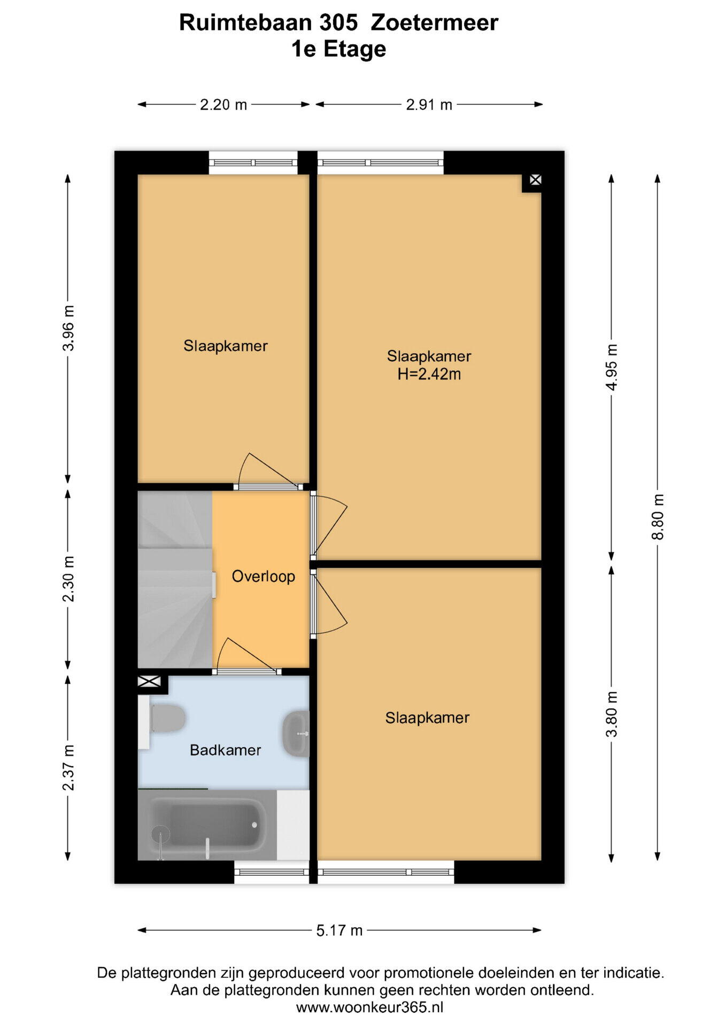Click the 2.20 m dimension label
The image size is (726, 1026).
(x=223, y=105)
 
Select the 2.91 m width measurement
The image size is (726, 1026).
(x=429, y=105)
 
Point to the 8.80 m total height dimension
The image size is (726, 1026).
(x=658, y=517)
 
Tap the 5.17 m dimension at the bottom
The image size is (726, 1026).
(x=339, y=930)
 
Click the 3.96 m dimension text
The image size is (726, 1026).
(x=68, y=328)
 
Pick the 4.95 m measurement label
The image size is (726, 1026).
(x=612, y=368)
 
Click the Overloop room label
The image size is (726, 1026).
(x=263, y=576)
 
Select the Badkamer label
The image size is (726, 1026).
(x=226, y=750)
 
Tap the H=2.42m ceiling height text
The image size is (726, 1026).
(x=429, y=374)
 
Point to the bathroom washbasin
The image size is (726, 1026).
(x=296, y=734)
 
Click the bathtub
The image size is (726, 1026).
(x=207, y=825)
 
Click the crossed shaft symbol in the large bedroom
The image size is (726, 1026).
(x=535, y=180)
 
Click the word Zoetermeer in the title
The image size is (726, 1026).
(x=434, y=23)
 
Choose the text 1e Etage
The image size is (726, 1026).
(x=338, y=49)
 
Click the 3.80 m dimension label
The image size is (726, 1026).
(x=612, y=714)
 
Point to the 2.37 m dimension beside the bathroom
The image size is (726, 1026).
(x=68, y=767)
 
